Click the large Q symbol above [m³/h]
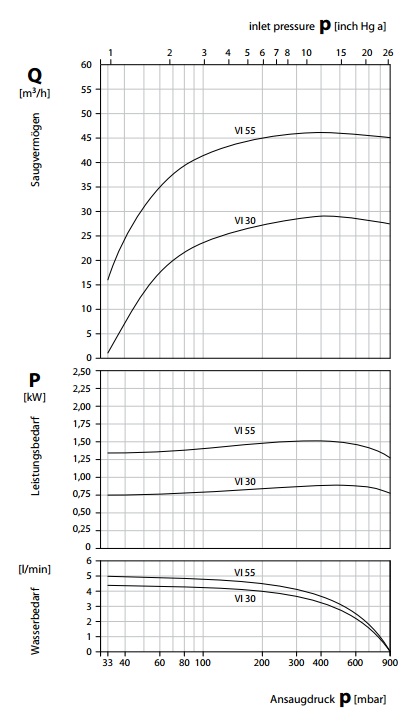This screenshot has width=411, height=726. click(34, 76)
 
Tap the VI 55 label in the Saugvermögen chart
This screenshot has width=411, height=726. click(245, 131)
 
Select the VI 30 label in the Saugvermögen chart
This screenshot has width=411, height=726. click(245, 220)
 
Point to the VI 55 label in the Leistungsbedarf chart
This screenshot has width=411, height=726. click(245, 431)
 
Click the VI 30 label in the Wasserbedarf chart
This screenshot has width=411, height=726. click(245, 599)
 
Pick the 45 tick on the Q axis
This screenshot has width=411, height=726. click(88, 138)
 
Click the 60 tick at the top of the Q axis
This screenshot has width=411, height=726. click(88, 64)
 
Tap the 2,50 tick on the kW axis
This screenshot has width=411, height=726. click(83, 371)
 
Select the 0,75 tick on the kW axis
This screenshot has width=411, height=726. click(83, 495)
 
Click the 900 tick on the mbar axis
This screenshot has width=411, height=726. click(390, 663)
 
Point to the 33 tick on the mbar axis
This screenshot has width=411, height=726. click(107, 663)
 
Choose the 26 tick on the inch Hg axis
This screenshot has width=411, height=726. click(389, 53)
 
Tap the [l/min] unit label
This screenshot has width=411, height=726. click(35, 569)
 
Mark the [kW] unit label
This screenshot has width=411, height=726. click(34, 397)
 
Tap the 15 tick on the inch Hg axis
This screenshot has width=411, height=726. click(341, 53)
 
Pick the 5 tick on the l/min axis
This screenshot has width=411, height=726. click(90, 576)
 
